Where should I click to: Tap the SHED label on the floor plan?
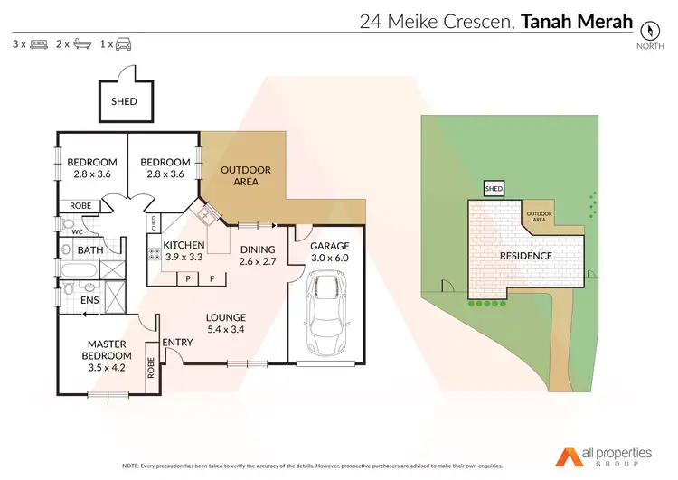tap(124, 101)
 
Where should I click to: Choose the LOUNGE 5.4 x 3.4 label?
tap(226, 324)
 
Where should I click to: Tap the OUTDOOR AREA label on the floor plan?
tap(240, 174)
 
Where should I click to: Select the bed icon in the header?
tap(39, 43)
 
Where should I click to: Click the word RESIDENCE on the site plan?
tap(526, 256)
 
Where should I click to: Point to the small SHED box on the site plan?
tap(494, 189)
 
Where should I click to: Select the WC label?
tap(77, 231)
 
